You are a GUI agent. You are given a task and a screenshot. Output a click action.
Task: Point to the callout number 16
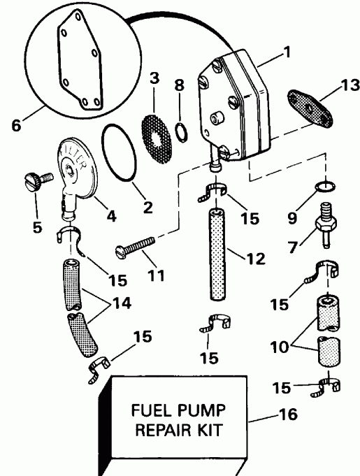288,414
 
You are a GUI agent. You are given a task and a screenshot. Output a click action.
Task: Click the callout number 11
157,274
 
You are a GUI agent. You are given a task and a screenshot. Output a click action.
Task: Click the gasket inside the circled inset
75,59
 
